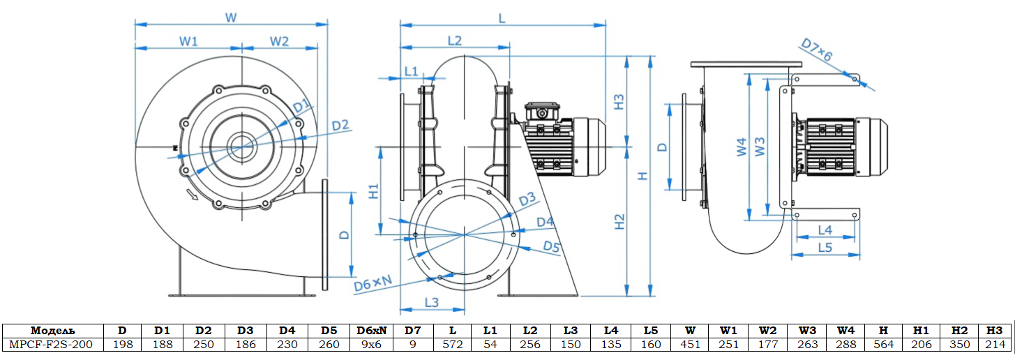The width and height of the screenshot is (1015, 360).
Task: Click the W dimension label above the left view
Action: [230, 18]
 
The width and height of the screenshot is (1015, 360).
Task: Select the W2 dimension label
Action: [279, 41]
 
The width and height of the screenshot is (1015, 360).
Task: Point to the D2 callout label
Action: [340, 126]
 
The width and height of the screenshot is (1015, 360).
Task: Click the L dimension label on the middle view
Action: [502, 18]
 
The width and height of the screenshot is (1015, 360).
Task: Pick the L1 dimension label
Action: [411, 71]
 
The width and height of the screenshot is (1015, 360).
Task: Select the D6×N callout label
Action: [372, 284]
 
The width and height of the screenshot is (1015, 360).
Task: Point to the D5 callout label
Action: [551, 246]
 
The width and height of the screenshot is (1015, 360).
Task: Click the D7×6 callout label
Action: [816, 52]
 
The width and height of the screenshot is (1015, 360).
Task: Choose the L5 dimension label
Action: [825, 247]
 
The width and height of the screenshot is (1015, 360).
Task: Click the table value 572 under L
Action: [453, 344]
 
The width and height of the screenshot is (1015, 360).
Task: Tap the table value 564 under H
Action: [883, 344]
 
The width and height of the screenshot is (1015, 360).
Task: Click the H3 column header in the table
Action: [994, 331]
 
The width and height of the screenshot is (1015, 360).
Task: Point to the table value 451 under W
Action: [690, 344]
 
